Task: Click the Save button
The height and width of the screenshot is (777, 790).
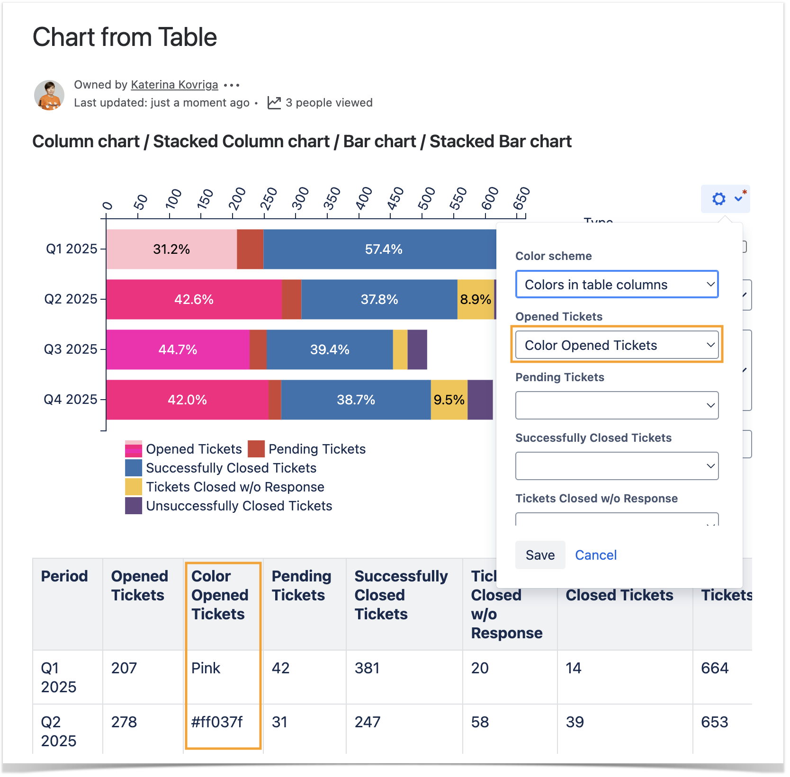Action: (x=540, y=555)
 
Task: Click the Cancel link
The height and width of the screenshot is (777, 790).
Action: (x=595, y=555)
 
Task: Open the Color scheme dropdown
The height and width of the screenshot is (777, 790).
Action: (x=617, y=285)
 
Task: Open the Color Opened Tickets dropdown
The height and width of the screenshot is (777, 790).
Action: (x=617, y=345)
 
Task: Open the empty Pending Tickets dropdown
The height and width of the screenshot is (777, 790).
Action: (x=617, y=405)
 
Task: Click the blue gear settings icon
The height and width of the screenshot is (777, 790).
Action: (x=719, y=199)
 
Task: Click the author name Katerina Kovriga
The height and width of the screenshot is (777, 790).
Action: (x=174, y=85)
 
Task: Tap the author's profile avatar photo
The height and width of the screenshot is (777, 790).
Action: (x=49, y=95)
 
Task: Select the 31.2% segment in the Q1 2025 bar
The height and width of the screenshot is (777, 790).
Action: (x=171, y=250)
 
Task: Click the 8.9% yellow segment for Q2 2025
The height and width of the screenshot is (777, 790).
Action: (x=476, y=299)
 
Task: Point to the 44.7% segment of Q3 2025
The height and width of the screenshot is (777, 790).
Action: (x=178, y=349)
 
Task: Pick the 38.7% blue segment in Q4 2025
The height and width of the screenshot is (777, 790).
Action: (x=356, y=400)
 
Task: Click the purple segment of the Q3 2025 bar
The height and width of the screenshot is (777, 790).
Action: (x=417, y=349)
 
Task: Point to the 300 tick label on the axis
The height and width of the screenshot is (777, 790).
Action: (x=300, y=198)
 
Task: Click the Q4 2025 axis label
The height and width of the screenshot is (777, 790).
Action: (x=71, y=400)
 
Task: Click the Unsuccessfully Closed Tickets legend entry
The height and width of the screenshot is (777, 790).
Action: (x=239, y=506)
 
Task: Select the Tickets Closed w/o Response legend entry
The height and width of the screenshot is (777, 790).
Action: (x=235, y=487)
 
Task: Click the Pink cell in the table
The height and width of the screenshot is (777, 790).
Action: (x=206, y=668)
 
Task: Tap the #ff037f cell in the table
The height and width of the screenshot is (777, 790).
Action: (x=217, y=722)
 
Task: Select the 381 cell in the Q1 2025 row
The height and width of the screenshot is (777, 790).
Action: (x=367, y=668)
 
